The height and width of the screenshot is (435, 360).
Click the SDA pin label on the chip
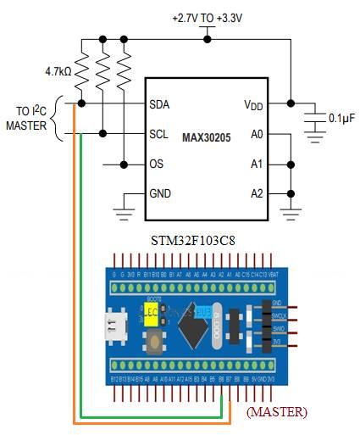point(159,104)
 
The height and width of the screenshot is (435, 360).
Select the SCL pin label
point(159,134)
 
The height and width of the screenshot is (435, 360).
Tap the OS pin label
point(157,164)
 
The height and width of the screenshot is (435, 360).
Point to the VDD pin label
point(252,104)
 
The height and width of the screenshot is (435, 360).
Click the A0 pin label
point(256,134)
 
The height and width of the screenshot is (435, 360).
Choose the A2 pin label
point(256,193)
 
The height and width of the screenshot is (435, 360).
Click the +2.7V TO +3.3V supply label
point(208,17)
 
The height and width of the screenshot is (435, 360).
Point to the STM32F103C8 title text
point(196,241)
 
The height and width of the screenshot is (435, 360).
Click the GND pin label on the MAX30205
point(161,193)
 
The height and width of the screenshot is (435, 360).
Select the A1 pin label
point(256,164)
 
